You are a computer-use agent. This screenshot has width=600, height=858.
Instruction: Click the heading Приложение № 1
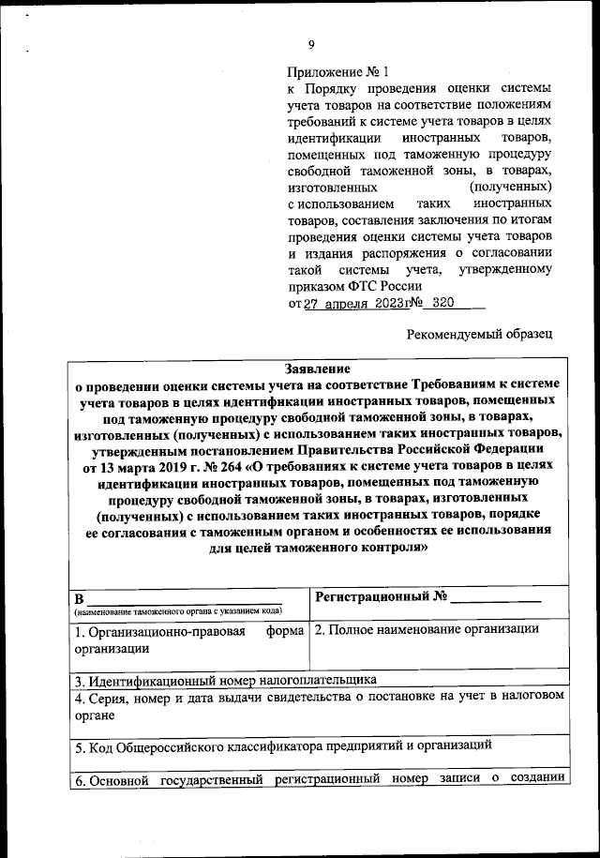click(337, 71)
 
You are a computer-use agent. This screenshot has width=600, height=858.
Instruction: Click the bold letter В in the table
click(80, 598)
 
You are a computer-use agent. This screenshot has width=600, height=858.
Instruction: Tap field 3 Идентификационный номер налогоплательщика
click(225, 680)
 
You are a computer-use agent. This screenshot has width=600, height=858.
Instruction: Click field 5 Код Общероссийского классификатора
click(283, 746)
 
